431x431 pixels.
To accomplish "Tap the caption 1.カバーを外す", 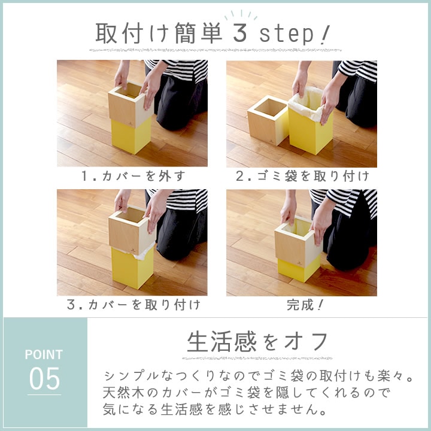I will point(132,176).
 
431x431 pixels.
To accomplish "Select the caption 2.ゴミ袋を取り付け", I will point(302,176).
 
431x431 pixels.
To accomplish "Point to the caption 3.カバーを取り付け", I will point(132,305).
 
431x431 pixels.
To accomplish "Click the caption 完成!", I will point(302,305).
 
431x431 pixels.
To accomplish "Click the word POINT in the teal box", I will point(44,354).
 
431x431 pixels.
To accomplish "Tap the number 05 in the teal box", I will point(44,378).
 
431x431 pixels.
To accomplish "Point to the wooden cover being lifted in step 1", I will point(128,105).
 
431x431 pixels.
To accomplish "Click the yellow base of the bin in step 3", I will point(132,268).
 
